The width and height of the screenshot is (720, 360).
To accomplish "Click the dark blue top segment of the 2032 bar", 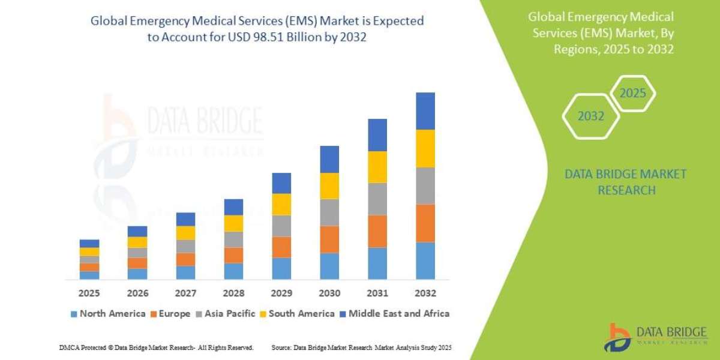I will (x=425, y=111).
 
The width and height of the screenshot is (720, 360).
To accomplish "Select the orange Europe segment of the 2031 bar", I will (x=377, y=231).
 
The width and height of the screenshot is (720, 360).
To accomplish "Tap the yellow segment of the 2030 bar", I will (x=329, y=186).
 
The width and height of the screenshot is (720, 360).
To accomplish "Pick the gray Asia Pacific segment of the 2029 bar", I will (x=281, y=226).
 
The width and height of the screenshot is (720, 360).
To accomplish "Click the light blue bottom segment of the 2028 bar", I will (x=233, y=271).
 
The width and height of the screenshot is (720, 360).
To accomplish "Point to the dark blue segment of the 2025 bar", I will (x=89, y=244).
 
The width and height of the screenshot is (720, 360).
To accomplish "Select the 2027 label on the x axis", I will (x=185, y=294).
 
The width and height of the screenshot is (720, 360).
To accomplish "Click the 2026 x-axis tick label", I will (x=137, y=294).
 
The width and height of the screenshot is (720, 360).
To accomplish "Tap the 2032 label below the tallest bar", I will (x=425, y=294).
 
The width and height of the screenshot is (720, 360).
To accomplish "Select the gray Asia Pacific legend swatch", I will (x=199, y=314).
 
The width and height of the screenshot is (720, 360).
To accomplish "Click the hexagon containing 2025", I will (x=632, y=94).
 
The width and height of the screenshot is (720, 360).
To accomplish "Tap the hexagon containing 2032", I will (x=590, y=116).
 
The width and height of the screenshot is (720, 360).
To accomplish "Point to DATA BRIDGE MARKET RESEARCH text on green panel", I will (x=626, y=182).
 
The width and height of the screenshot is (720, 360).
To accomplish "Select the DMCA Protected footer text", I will (x=156, y=347).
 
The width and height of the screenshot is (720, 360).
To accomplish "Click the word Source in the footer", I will (x=281, y=347).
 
